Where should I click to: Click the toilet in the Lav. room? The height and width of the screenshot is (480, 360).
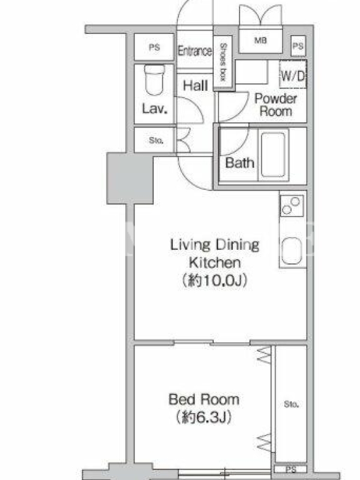155,80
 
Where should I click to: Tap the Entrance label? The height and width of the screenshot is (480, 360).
194,51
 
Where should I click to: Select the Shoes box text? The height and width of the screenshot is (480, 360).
223,62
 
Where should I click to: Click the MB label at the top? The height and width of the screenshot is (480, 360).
260,40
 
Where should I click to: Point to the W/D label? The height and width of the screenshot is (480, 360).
293,76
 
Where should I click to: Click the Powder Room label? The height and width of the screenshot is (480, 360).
275,104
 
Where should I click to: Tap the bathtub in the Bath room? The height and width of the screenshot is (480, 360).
274,155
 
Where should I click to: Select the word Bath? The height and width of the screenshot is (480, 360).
239,163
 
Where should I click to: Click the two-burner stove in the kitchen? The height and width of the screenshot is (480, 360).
292,205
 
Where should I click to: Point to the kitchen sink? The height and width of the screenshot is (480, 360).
292,251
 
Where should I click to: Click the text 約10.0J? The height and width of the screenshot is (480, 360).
215,280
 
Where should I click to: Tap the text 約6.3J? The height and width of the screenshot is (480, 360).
204,417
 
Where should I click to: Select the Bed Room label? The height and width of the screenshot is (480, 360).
204,399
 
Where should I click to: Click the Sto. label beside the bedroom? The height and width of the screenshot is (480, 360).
291,404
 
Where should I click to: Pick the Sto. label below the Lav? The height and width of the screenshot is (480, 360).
156,140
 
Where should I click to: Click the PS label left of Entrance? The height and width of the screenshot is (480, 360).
154,47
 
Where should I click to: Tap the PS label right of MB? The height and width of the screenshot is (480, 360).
298,46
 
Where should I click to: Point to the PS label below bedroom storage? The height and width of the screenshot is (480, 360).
291,469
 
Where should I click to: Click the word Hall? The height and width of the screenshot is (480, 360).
196,85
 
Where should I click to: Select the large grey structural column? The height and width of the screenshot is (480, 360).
130,178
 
